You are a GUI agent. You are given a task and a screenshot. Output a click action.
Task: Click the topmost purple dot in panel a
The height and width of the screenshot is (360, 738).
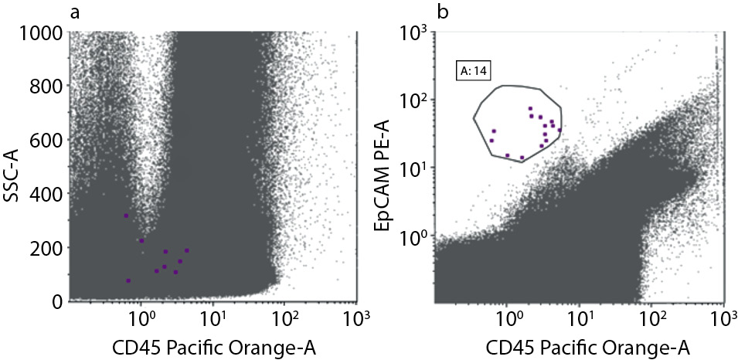pos(126,216)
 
